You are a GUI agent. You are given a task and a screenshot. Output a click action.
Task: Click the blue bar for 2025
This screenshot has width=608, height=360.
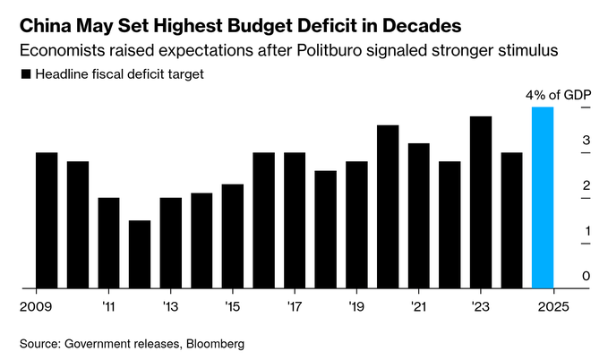543,198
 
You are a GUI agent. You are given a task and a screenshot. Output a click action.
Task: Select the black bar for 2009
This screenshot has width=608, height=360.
47,220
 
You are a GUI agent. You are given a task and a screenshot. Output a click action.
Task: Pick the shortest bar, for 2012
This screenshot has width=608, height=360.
140,254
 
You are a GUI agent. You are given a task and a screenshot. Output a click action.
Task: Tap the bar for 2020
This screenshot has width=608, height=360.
388,207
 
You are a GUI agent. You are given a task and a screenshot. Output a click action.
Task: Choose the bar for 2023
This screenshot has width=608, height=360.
481,202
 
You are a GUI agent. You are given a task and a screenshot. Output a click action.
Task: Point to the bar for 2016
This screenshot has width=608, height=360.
263,220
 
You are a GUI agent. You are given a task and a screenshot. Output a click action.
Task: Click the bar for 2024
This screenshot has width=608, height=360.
511,220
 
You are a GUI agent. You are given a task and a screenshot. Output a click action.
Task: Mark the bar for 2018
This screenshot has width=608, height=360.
326,229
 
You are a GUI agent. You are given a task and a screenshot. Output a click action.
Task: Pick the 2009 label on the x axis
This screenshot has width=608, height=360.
35,305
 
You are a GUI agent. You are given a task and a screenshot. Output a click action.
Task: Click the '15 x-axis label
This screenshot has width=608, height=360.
232,305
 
